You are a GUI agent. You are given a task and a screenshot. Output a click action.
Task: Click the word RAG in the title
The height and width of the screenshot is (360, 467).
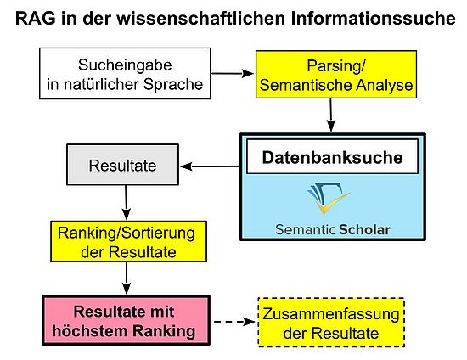coord(36,18)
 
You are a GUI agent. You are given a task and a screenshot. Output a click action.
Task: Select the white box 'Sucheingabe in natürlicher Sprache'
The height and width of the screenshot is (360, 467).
coord(125,74)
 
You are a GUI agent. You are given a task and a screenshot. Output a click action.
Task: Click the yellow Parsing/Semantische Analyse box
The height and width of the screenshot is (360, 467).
coord(336,75)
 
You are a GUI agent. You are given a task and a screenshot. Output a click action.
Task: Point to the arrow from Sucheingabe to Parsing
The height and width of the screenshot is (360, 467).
coord(233,73)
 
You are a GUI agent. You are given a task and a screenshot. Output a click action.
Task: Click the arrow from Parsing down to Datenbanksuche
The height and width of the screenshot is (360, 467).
coord(331,115)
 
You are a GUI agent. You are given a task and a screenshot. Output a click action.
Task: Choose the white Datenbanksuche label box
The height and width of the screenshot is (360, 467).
coord(332,156)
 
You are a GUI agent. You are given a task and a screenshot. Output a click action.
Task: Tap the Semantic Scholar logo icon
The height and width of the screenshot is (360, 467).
coord(329,198)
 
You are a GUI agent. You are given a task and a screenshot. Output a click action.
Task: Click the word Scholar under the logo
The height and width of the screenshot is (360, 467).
coord(364,229)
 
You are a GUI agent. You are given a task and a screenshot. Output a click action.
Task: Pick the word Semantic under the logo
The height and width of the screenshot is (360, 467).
coord(306,229)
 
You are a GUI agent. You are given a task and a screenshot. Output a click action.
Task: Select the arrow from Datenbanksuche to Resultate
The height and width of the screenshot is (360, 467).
coord(210,166)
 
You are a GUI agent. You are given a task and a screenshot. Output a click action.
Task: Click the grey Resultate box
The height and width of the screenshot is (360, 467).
coord(123,165)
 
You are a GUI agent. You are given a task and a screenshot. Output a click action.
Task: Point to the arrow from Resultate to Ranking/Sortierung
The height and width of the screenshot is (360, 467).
coord(126,202)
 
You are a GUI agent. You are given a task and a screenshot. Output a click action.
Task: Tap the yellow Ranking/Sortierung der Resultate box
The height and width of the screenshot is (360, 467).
coord(129,241)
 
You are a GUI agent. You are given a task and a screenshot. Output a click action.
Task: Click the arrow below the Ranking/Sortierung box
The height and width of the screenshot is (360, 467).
coord(127,278)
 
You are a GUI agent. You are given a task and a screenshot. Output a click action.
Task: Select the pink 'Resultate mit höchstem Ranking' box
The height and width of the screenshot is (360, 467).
coord(127,320)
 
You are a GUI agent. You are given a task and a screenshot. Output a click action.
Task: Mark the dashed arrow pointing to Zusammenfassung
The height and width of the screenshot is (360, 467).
coord(234,322)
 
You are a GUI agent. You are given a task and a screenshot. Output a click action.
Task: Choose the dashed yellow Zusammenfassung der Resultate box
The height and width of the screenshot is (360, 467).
coord(331,323)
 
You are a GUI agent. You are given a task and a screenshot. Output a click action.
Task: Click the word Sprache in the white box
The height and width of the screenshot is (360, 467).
coord(173,85)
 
